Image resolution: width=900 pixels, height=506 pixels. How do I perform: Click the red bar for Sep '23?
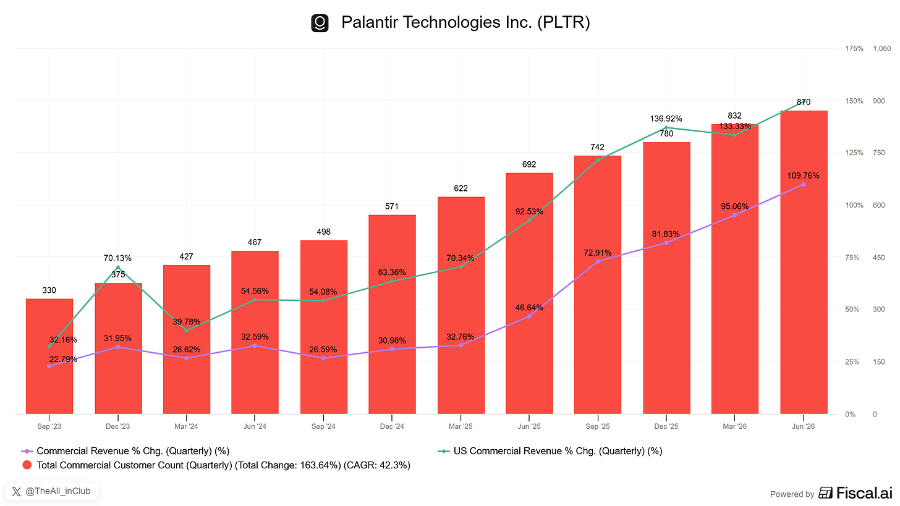coord(49,356)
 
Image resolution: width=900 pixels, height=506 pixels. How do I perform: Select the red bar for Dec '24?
coord(392,314)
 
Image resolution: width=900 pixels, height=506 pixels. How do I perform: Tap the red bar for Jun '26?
coord(804,262)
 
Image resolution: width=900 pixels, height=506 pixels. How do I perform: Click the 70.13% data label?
coord(117,258)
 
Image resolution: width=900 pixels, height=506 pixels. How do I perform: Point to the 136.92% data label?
coord(666,119)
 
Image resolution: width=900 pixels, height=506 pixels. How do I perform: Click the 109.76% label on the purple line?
coord(803,176)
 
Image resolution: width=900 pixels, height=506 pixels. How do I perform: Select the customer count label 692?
coord(529,164)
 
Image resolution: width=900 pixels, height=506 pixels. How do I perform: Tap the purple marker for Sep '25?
coord(598,261)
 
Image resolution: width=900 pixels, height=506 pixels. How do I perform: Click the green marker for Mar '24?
coord(187,331)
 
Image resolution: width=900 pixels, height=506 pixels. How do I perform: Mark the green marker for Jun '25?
coord(529,220)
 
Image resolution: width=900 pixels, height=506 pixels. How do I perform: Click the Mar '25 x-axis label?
coord(461,426)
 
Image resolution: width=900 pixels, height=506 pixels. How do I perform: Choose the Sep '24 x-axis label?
coord(323,426)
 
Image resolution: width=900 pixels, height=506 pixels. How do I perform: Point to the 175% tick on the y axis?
coord(854,49)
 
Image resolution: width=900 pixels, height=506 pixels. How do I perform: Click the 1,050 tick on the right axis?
coord(881,49)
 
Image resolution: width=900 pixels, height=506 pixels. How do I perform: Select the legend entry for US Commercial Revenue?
coord(550,451)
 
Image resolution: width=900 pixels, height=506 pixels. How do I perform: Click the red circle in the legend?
coord(27,465)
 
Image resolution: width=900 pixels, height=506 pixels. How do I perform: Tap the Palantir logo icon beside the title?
coord(320,23)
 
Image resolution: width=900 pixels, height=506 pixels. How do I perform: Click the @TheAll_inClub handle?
coord(58,491)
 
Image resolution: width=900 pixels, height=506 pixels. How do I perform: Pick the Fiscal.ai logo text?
coord(864,493)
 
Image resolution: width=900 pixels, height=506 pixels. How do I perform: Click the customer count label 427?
coord(187,256)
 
